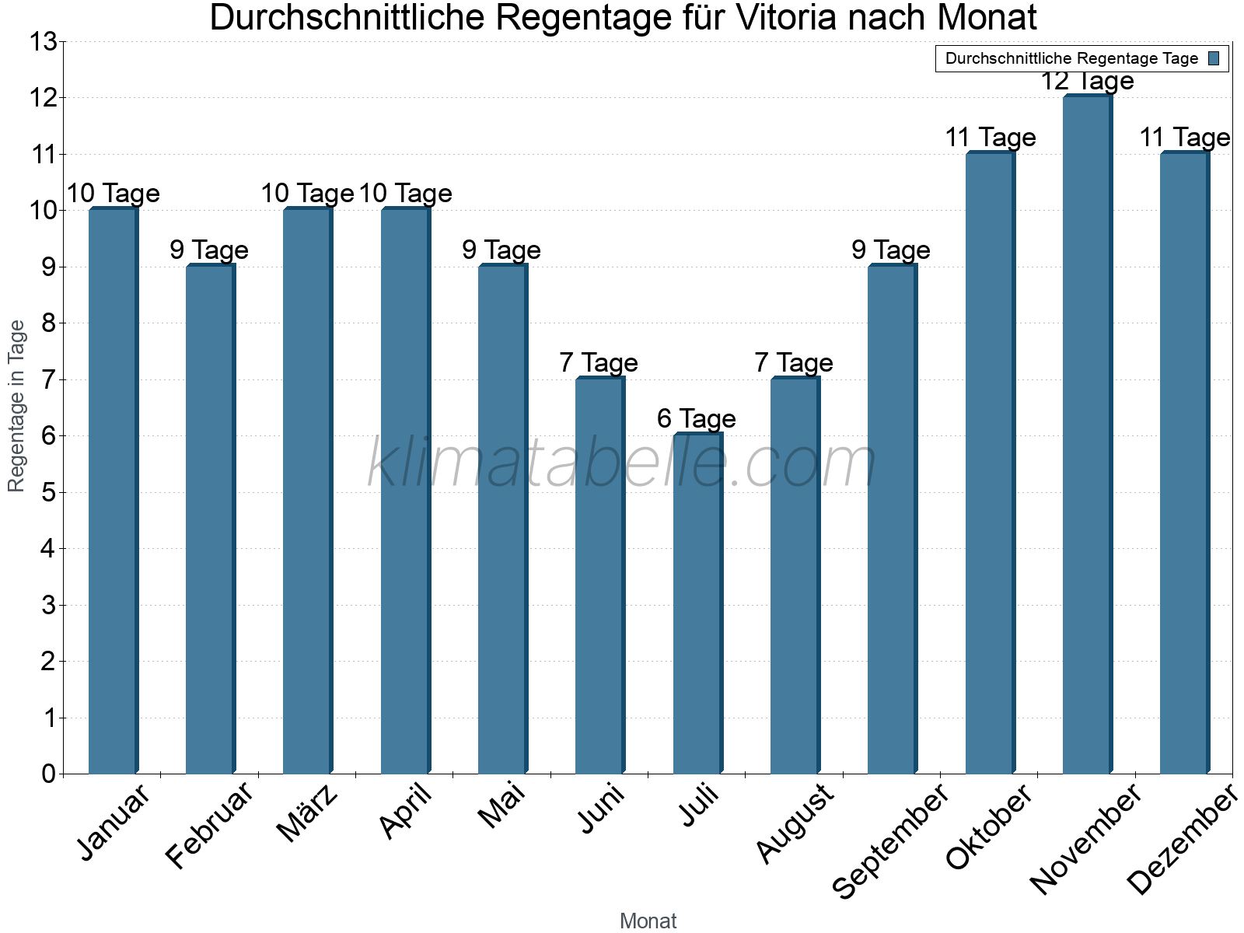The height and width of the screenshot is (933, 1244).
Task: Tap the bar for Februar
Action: (x=210, y=519)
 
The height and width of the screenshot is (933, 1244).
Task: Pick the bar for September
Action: (x=892, y=519)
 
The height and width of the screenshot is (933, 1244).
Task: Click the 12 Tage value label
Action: (x=1087, y=81)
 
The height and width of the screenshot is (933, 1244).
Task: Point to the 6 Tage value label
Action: (x=696, y=419)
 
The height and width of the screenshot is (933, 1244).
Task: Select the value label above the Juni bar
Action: (x=599, y=362)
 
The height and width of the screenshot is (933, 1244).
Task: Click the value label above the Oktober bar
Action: (x=990, y=138)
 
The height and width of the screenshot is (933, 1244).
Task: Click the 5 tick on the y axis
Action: (x=48, y=493)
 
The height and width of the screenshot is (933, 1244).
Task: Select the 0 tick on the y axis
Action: (x=48, y=774)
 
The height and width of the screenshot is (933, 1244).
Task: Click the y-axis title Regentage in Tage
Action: (x=17, y=406)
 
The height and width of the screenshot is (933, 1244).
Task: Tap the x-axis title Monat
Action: (x=648, y=921)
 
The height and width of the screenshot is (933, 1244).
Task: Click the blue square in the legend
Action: (x=1214, y=58)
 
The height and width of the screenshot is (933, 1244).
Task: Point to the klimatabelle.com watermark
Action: (x=622, y=463)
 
